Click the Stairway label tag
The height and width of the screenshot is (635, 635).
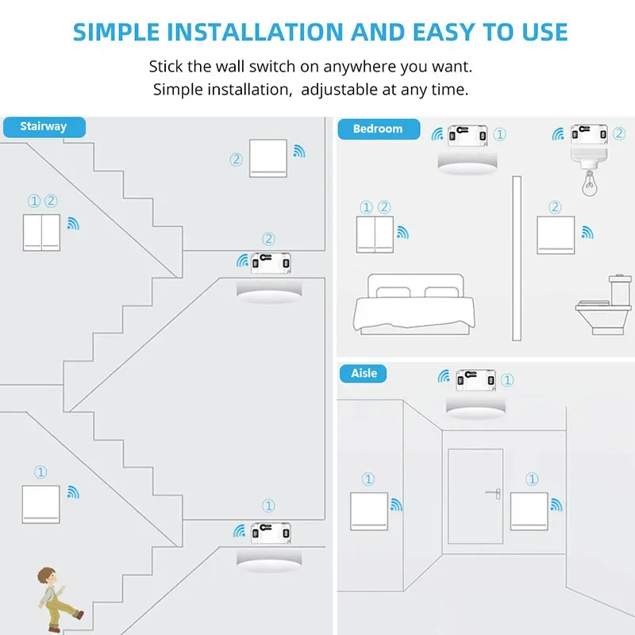pos(44,127)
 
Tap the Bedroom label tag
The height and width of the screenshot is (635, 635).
pos(378,129)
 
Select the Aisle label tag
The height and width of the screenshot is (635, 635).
pos(364,373)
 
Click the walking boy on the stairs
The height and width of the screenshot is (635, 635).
pos(56,595)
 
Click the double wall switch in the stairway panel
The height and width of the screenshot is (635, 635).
pos(41,232)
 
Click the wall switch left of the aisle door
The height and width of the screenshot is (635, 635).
pos(369,511)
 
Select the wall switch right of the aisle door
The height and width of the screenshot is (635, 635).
pos(529,511)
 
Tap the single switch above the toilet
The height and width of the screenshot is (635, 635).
pos(556,235)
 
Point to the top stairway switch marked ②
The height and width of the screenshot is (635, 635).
pos(267,158)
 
